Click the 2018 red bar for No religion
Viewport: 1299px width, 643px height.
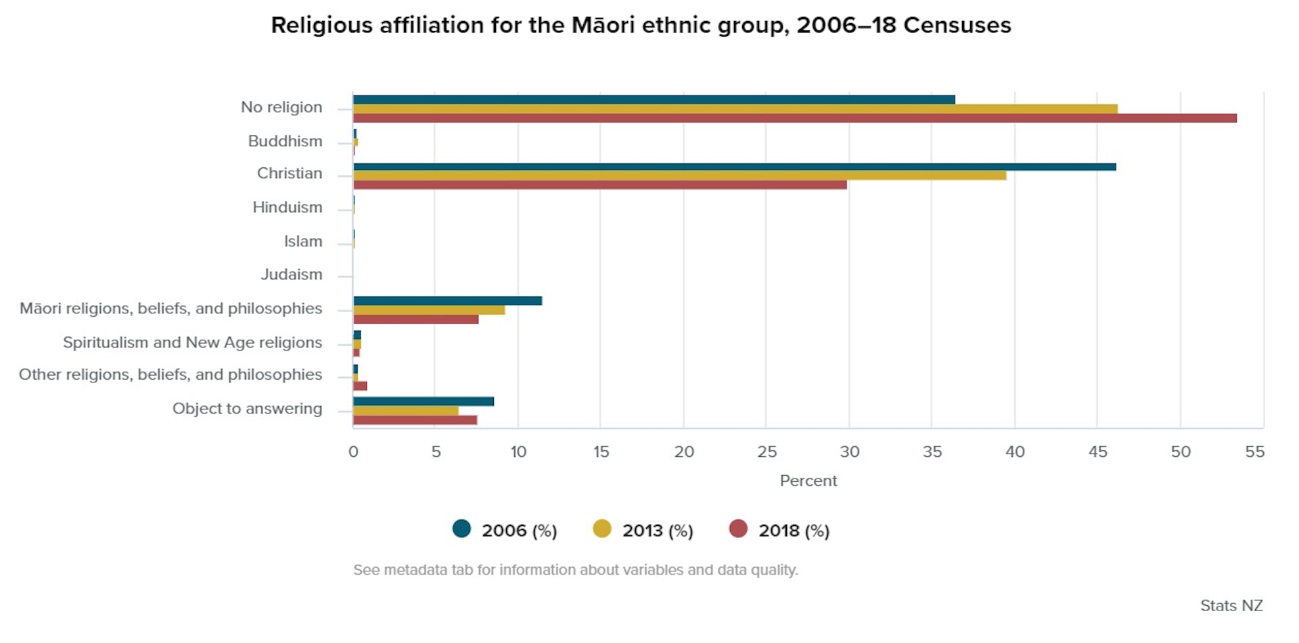coord(795,118)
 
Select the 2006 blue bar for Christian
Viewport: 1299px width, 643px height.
coord(734,167)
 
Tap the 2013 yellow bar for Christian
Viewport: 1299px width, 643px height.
coord(679,175)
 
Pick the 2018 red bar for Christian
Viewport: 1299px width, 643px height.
coord(599,185)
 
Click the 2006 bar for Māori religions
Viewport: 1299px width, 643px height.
coord(447,301)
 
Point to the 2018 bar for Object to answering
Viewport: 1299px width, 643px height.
coord(415,420)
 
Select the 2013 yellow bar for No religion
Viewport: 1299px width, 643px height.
coord(735,109)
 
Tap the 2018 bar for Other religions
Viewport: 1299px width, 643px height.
coord(360,386)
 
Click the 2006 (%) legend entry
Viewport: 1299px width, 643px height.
coord(505,530)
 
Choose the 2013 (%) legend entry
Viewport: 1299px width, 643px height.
coord(643,530)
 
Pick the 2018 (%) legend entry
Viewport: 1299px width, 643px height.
coord(780,530)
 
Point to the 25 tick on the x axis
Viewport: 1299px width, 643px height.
coord(767,452)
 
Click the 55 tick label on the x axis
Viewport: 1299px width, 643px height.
coord(1254,452)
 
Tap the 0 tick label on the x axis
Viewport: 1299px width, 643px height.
coord(353,452)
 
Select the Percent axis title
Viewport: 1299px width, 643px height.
coord(808,481)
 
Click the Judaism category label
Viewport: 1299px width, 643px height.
coord(292,275)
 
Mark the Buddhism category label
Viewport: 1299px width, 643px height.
coord(285,141)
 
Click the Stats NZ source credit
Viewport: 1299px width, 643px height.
coord(1231,606)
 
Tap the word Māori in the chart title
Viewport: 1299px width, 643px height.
coord(603,25)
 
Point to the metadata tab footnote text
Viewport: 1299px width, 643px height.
coord(575,570)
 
